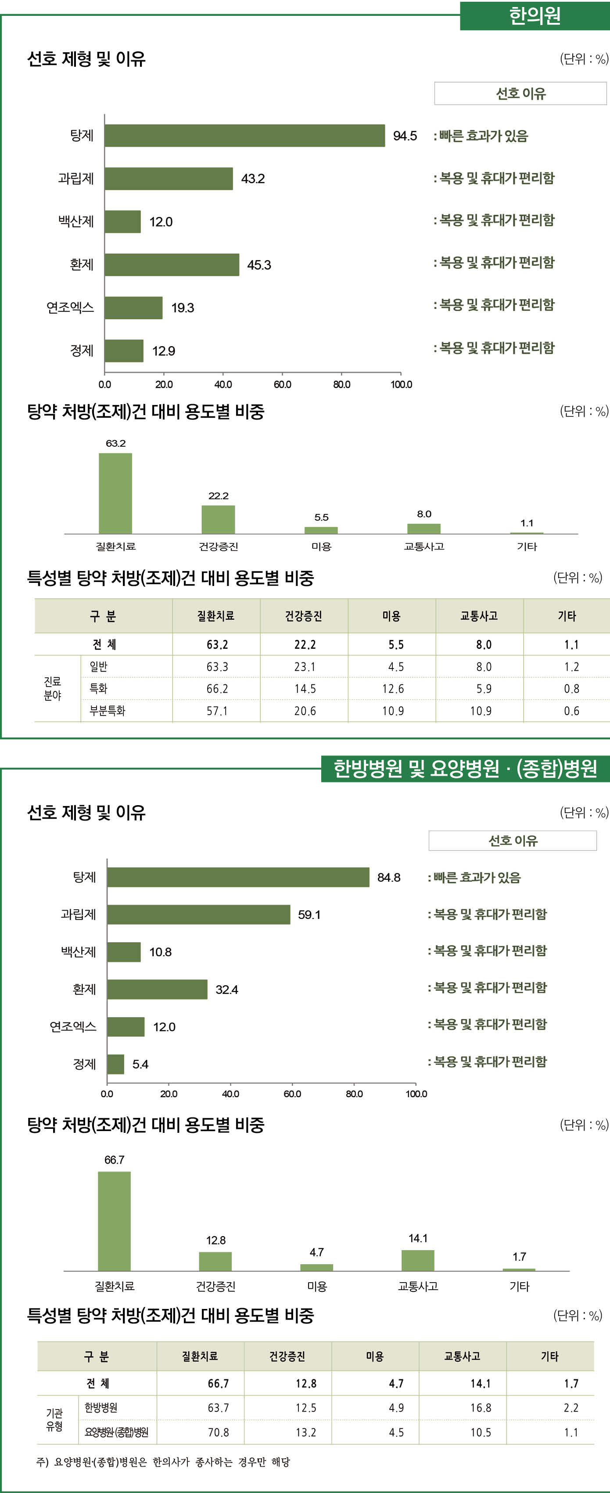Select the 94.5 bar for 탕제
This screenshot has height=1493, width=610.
tap(244, 136)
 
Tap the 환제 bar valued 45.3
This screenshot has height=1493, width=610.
tap(172, 265)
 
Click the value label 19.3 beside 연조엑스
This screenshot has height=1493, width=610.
tap(183, 308)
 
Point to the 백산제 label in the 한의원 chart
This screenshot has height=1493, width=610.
tap(76, 221)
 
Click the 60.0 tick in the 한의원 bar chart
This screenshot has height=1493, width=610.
tap(282, 384)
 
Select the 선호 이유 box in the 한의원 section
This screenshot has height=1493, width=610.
tap(520, 93)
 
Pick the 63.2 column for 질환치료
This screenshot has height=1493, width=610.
tap(115, 493)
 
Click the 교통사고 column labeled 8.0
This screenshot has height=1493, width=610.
tap(423, 528)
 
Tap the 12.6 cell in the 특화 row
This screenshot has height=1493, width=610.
tap(393, 689)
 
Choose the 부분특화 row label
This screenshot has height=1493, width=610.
tap(107, 711)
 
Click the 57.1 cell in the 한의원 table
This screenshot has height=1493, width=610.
tap(217, 711)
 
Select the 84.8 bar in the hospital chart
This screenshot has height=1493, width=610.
tap(238, 877)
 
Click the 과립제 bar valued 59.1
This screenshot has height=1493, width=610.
tap(199, 914)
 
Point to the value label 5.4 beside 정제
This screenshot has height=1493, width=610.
tap(140, 1064)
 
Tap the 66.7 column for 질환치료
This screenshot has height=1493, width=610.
tap(114, 1221)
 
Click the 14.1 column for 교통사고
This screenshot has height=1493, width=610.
tap(418, 1261)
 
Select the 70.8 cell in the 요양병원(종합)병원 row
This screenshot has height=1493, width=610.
tap(219, 1432)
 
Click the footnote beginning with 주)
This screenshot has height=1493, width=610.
tap(163, 1462)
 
